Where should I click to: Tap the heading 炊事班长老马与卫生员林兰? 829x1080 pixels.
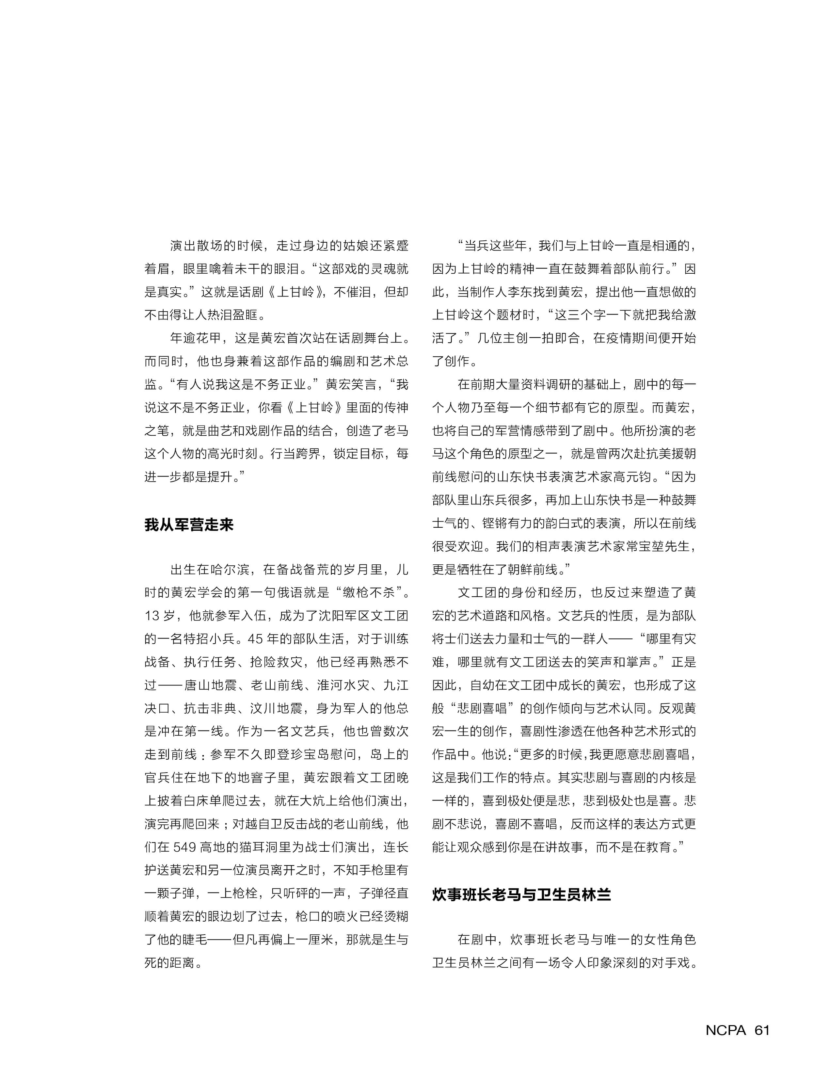[521, 895]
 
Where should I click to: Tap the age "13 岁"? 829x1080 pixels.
[159, 616]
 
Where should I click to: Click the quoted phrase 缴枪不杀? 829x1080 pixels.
[368, 592]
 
